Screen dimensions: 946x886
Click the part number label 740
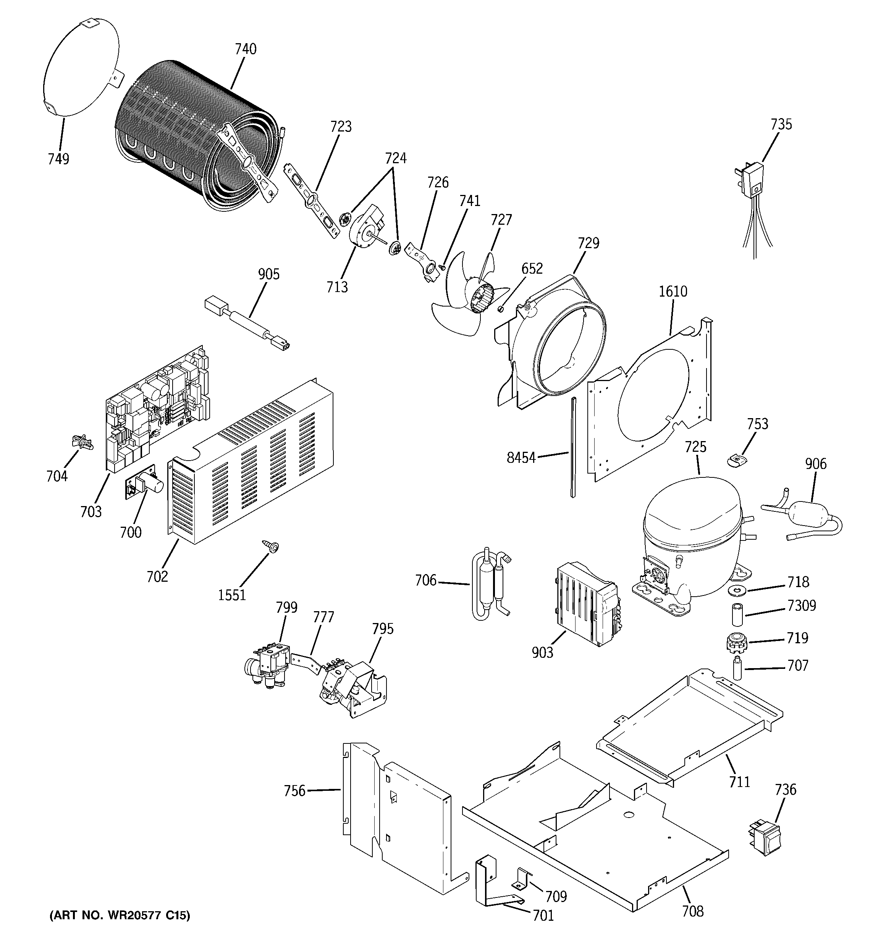tap(246, 49)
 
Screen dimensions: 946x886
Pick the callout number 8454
tap(521, 458)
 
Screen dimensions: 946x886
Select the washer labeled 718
tap(737, 591)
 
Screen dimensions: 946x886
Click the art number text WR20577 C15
tap(120, 915)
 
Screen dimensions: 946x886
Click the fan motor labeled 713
tap(367, 229)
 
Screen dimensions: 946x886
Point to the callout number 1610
tap(673, 291)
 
